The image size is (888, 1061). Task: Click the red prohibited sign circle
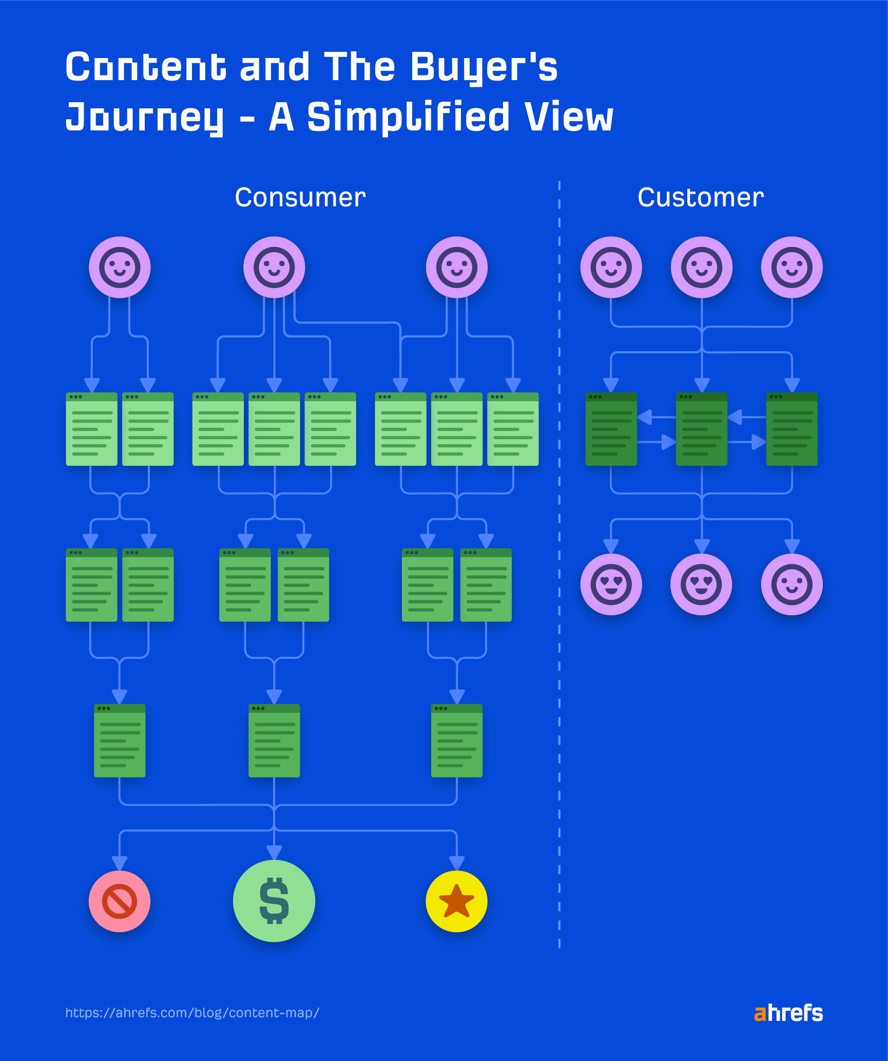(x=120, y=901)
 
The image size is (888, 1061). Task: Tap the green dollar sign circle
(x=274, y=901)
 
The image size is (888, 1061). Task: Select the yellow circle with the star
(x=456, y=901)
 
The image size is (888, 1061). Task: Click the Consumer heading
(x=300, y=198)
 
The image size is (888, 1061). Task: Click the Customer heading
(x=701, y=198)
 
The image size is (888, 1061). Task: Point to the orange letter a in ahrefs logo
(x=760, y=1013)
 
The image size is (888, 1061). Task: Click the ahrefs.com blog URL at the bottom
(x=192, y=1013)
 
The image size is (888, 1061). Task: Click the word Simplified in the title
(x=408, y=117)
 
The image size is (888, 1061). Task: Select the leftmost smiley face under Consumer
(x=120, y=267)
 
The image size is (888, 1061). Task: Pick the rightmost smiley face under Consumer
(x=456, y=267)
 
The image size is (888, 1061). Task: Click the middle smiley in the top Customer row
(x=701, y=267)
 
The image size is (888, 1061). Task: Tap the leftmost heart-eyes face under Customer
(x=611, y=584)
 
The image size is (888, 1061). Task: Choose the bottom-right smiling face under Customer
(x=792, y=584)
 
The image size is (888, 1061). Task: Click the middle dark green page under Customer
(x=701, y=429)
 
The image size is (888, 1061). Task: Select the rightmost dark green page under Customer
(x=792, y=429)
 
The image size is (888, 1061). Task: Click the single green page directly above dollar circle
(x=274, y=741)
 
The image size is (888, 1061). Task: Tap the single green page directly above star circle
(x=456, y=741)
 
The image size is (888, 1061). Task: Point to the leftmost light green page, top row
(x=91, y=429)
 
